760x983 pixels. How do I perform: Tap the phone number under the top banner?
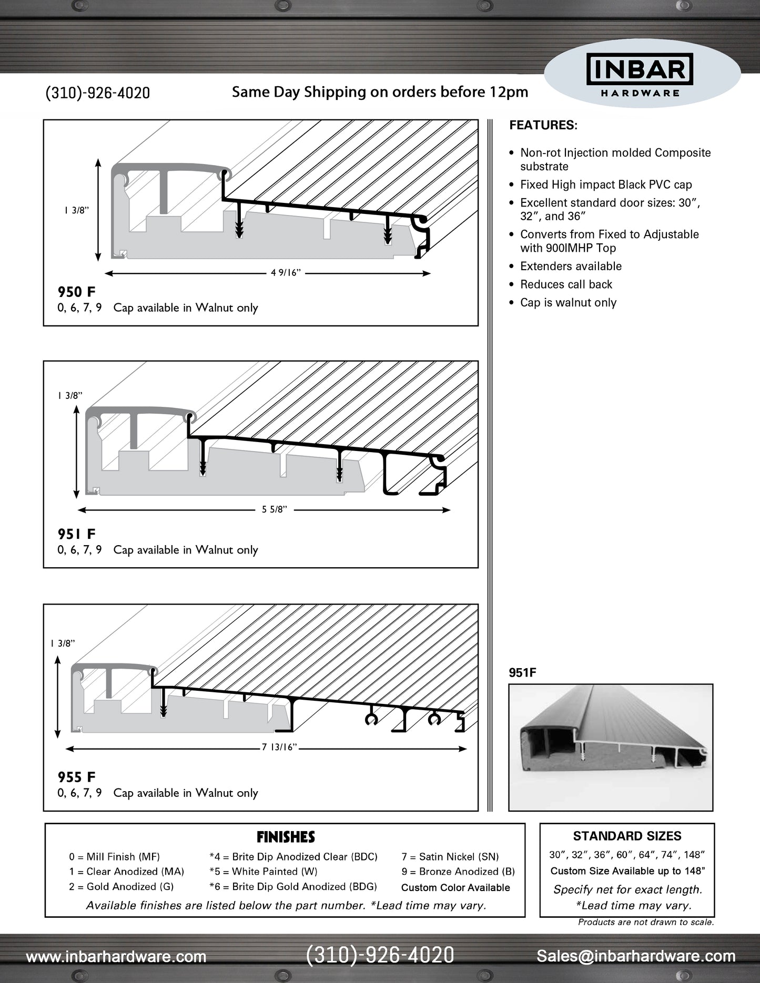98,93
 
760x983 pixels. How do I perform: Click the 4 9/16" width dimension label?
286,273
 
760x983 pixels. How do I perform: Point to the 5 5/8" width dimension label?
275,509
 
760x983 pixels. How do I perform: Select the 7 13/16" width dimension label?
279,748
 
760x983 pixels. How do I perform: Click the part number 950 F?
76,292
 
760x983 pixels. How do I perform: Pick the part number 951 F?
76,534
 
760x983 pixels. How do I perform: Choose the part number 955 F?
76,777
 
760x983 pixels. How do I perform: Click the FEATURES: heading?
543,125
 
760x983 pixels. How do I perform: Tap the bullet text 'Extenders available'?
571,267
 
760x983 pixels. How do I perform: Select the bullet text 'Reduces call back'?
566,284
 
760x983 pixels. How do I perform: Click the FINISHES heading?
286,837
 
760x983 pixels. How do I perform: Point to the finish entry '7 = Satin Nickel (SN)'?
450,857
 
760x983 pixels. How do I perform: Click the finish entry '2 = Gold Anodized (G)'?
121,887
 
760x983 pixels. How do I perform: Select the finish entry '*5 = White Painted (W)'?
263,872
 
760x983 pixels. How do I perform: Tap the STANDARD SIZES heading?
627,836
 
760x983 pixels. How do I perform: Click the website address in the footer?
116,957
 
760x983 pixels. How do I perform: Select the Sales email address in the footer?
636,956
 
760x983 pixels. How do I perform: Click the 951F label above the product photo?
522,673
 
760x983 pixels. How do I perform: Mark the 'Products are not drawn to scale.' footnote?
646,922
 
